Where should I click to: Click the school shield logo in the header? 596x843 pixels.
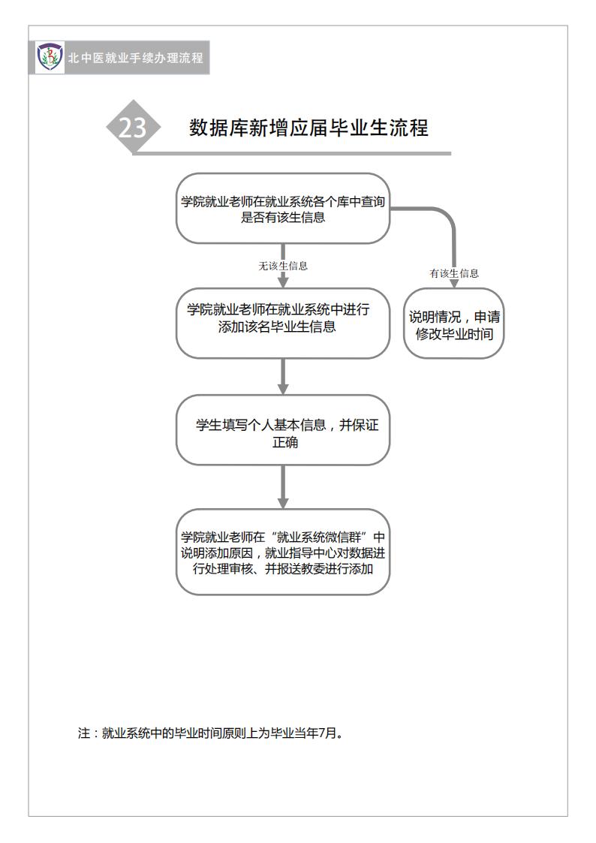point(50,57)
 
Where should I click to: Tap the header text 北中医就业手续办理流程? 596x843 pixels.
point(135,58)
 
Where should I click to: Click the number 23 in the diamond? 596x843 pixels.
point(132,128)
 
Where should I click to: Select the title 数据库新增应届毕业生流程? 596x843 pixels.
point(309,128)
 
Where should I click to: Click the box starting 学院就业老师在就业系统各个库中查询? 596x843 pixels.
point(283,209)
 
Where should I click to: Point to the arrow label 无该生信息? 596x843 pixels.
point(283,266)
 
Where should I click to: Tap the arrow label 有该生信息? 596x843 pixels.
point(454,273)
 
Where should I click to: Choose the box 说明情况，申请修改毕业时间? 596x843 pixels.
point(454,324)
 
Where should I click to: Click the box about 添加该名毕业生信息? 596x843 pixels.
point(283,323)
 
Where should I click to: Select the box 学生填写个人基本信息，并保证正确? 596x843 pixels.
point(283,430)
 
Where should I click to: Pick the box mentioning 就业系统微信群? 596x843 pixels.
point(283,552)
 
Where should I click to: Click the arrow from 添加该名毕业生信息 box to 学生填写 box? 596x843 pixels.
point(283,376)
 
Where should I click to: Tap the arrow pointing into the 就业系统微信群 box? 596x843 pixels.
point(283,487)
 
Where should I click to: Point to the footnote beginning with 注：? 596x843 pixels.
point(210,733)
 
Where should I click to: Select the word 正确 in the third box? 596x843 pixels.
point(284,442)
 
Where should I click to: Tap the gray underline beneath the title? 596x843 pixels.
point(292,154)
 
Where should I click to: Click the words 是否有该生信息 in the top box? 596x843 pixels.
point(283,217)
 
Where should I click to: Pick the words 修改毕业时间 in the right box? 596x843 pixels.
point(454,334)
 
